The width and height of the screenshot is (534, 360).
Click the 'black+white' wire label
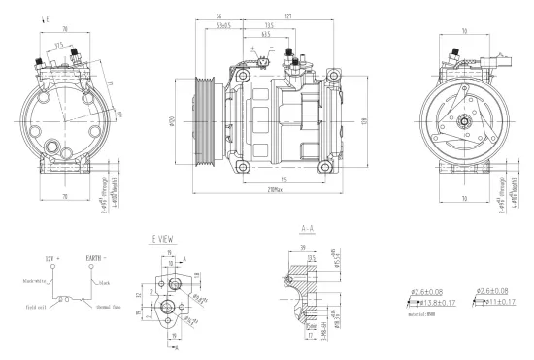pos(36,281)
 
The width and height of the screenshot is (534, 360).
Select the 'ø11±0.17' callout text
pos(494,302)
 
